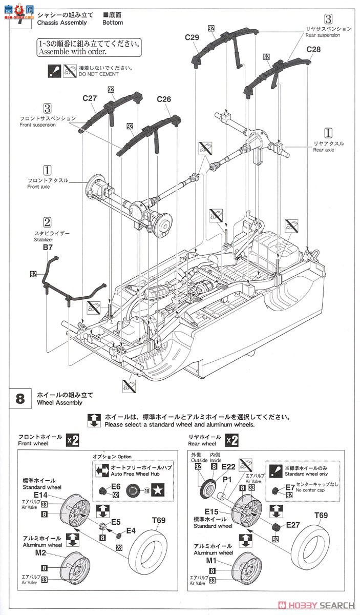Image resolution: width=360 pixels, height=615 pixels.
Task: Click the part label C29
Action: pos(193,37)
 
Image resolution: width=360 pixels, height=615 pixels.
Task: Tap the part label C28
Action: pos(313,49)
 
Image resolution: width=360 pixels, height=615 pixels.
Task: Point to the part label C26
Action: pos(164,99)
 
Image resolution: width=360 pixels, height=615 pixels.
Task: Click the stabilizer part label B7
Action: pos(48,247)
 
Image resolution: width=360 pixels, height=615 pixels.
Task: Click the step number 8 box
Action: pos(20,399)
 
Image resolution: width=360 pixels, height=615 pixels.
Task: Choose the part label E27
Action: pos(293,524)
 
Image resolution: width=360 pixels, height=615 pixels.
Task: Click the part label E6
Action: pos(116,486)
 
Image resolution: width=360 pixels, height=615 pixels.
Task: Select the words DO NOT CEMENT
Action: pos(98,74)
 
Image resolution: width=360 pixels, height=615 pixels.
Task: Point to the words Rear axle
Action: pos(324,150)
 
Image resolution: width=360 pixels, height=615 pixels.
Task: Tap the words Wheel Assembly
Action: pos(59,403)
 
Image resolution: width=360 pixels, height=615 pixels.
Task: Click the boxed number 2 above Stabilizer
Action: pos(47,222)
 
